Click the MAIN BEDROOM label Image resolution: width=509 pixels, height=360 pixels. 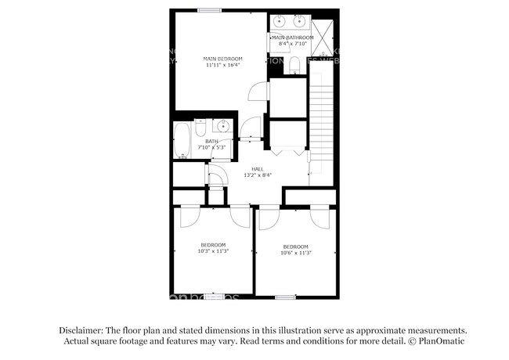click(222, 59)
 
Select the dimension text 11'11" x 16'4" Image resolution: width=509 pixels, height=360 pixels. click(222, 66)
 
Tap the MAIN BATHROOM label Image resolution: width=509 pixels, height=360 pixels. click(293, 38)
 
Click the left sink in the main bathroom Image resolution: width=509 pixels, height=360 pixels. click(280, 21)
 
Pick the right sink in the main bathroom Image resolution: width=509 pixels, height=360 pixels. click(301, 21)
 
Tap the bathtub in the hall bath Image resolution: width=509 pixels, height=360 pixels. click(182, 140)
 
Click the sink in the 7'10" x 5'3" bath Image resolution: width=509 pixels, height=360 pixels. click(223, 126)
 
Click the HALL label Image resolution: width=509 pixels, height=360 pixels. click(257, 169)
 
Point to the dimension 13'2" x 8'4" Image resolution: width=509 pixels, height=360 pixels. click(257, 176)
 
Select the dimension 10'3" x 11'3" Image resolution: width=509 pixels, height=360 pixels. click(212, 251)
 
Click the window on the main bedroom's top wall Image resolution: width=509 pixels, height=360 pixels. click(208, 10)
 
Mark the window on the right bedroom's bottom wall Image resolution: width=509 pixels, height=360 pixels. click(285, 297)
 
